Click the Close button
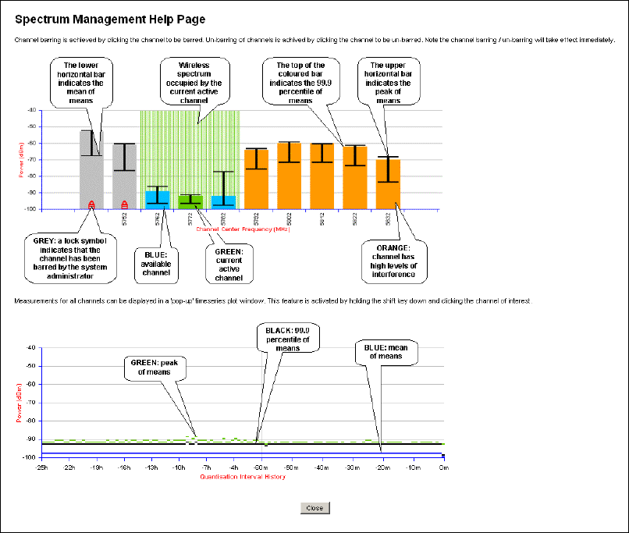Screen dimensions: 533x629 tap(315, 508)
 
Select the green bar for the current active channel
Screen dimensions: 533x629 tap(190, 201)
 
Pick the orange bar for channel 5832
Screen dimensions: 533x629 tap(388, 184)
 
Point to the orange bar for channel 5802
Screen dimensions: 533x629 tap(289, 176)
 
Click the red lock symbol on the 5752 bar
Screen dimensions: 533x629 tap(124, 205)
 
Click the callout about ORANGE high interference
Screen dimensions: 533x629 tap(393, 258)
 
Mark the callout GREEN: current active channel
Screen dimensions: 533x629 tap(229, 263)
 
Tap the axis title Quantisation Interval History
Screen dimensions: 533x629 tap(242, 476)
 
